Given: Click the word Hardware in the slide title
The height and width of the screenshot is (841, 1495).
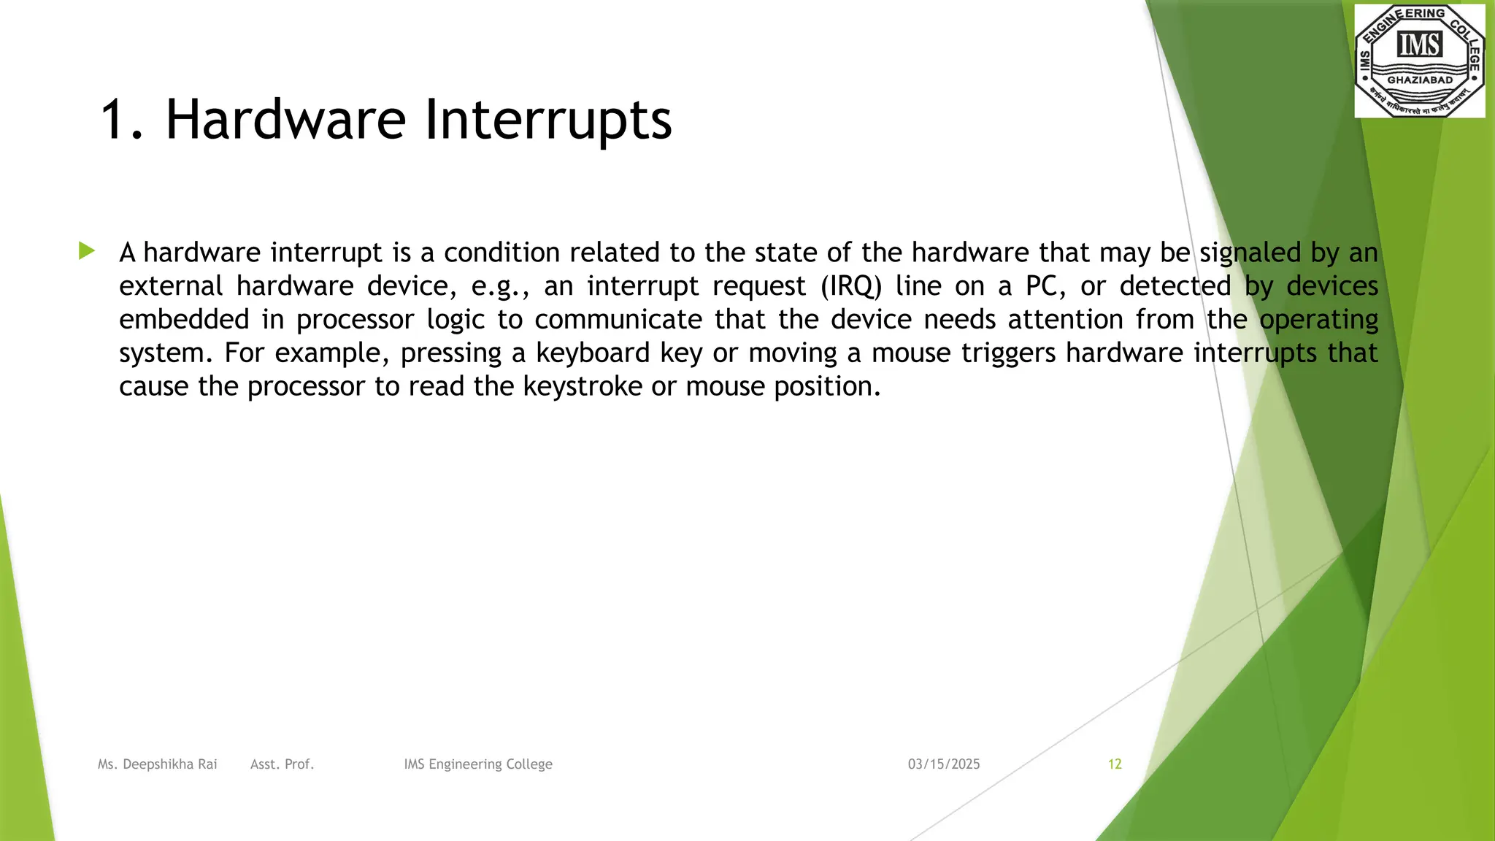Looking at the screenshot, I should point(285,119).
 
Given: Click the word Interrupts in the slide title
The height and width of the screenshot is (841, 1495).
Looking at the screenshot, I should point(547,119).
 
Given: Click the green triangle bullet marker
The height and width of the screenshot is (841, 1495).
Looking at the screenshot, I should point(87,251).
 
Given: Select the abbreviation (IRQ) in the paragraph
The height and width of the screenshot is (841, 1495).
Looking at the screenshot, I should point(851,286).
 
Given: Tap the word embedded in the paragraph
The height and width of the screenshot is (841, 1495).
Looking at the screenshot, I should point(184,320).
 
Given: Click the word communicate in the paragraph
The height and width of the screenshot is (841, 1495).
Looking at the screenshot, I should point(618,320).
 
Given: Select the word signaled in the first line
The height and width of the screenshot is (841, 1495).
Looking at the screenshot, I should point(1250,253).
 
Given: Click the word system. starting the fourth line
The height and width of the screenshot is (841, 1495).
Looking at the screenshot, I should point(166,353).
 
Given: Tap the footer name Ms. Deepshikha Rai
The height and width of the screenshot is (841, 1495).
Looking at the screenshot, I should point(158,764).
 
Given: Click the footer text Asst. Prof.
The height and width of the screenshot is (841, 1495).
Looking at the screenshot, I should point(282,764).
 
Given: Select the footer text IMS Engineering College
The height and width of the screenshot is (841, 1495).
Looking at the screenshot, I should point(478,764).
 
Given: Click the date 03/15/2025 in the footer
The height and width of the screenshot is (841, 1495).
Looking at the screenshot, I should point(944,764).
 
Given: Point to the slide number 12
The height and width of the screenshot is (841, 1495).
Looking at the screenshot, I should point(1115,764).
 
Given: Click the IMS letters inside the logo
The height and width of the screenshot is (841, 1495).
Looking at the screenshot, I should point(1419,45).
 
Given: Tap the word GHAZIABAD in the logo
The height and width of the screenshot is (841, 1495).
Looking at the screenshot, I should point(1419,80).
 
